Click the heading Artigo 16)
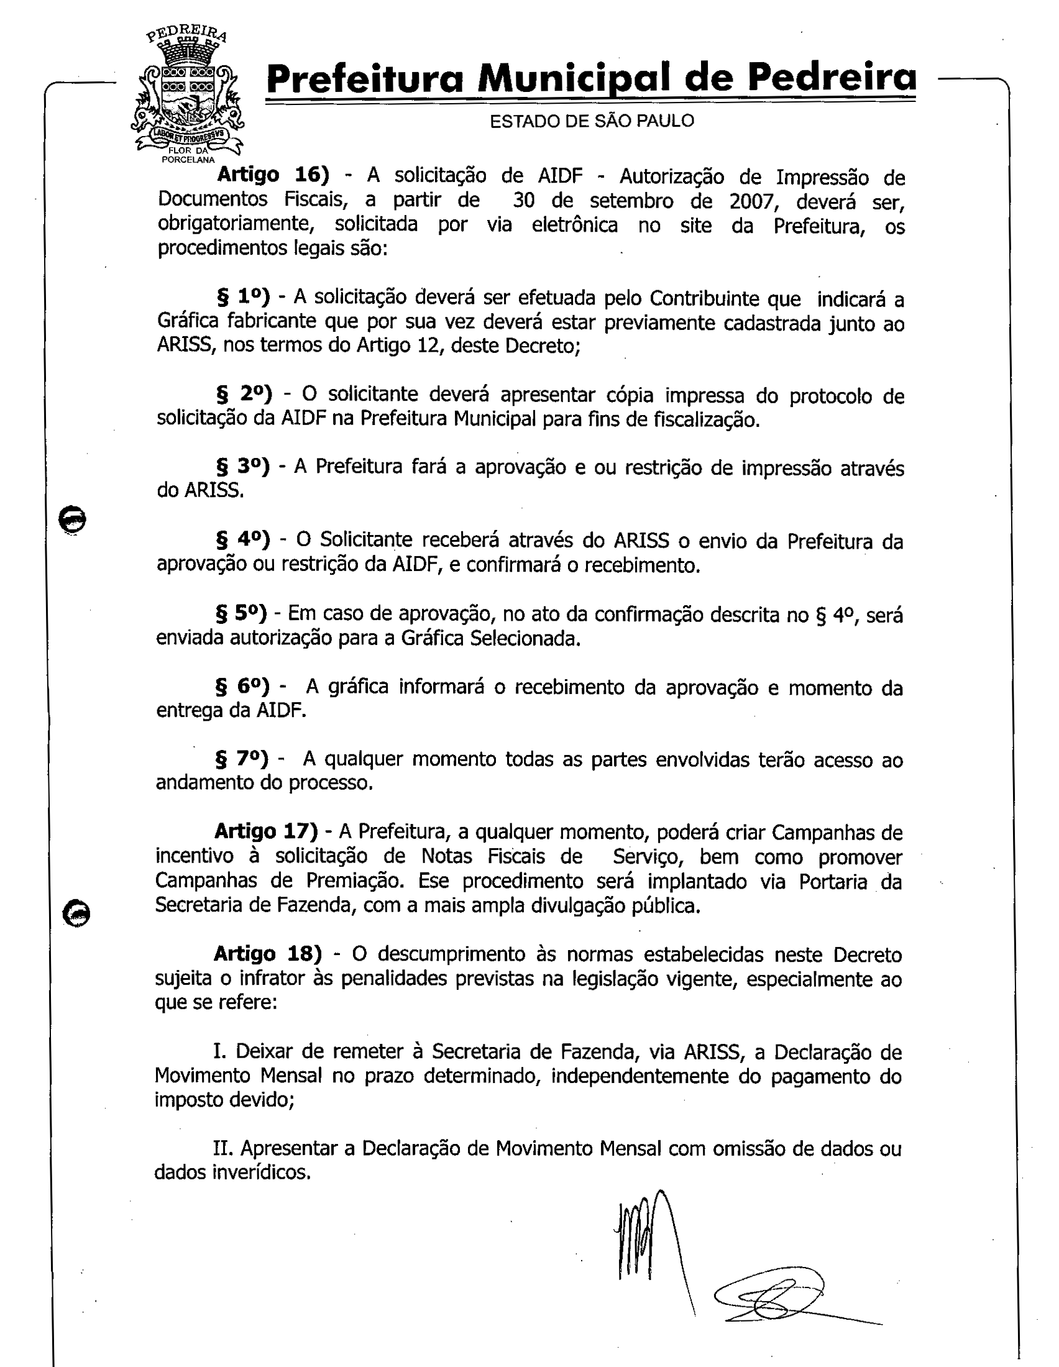click(x=272, y=175)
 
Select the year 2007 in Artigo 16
click(x=749, y=201)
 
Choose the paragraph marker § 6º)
click(x=242, y=686)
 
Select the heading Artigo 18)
click(x=267, y=953)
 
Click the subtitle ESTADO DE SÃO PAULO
click(x=592, y=121)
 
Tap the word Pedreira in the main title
click(x=832, y=78)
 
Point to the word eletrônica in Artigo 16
click(x=575, y=225)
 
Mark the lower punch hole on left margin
click(x=76, y=915)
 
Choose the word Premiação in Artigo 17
click(x=352, y=880)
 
